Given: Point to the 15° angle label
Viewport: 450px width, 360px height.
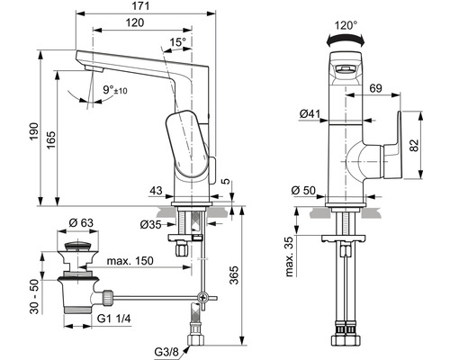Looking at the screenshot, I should [180, 42].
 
